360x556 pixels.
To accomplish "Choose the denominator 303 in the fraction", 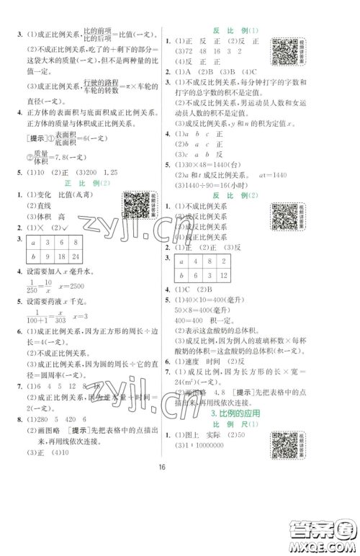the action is point(50,341).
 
